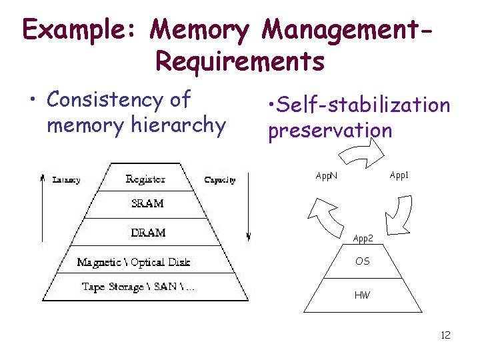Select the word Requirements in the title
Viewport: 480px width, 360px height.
click(x=240, y=61)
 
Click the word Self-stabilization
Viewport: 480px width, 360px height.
click(x=365, y=105)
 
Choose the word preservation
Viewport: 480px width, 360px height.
click(x=330, y=130)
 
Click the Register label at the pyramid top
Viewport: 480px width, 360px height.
click(x=145, y=179)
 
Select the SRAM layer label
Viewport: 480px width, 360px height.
click(x=147, y=204)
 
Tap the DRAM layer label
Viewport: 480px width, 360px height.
click(x=147, y=233)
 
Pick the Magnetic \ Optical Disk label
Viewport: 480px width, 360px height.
click(x=133, y=262)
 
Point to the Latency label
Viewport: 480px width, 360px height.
click(x=67, y=180)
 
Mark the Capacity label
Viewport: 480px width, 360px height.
click(x=219, y=180)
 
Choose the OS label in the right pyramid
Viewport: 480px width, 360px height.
click(x=363, y=262)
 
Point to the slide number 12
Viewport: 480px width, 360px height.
click(x=445, y=335)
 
